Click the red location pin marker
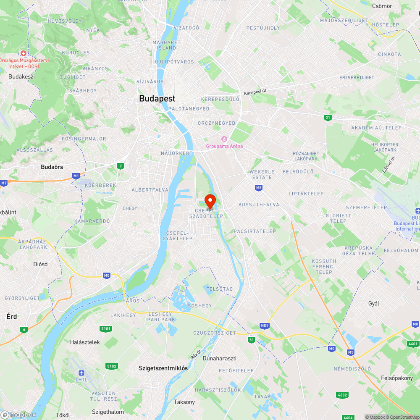point(210,199)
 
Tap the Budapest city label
point(157,99)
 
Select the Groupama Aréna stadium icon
point(224,139)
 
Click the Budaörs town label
point(52,167)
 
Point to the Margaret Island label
point(166,45)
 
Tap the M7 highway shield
point(4,183)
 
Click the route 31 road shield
point(328,118)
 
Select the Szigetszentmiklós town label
point(163,368)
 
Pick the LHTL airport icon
point(81,373)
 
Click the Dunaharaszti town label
point(219,358)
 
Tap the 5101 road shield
point(106,328)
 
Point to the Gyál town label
point(373,303)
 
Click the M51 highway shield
point(264,325)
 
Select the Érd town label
point(12,316)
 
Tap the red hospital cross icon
point(24,53)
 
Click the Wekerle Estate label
point(262,174)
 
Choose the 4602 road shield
point(342,395)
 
